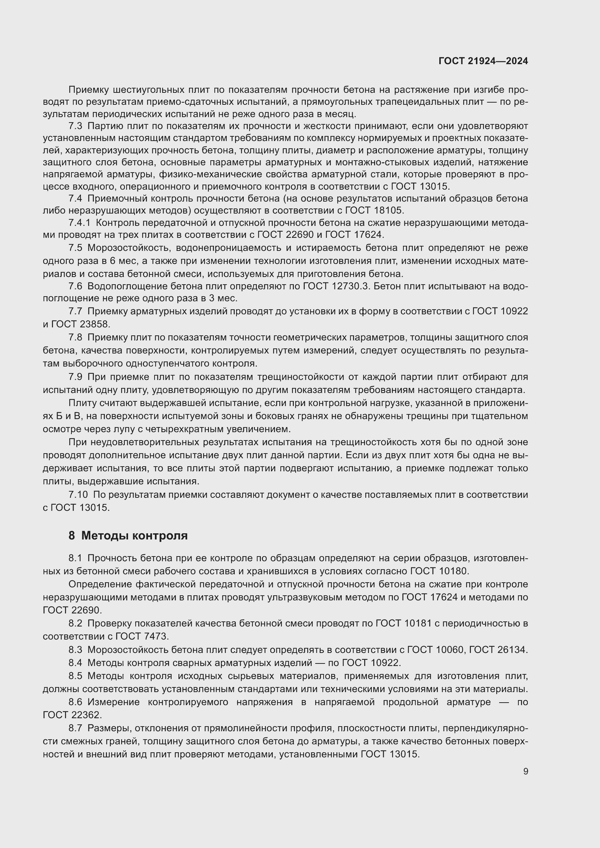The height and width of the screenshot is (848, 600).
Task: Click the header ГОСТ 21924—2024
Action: click(483, 61)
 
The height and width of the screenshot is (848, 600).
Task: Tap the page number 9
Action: click(525, 771)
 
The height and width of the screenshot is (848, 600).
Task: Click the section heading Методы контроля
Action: click(134, 535)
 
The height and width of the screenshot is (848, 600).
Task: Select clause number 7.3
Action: click(75, 126)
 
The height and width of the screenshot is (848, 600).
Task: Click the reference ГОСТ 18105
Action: click(374, 211)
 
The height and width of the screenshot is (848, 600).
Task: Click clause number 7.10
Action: click(78, 495)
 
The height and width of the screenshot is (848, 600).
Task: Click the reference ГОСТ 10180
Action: click(439, 571)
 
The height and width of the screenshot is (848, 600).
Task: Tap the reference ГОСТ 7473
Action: click(142, 636)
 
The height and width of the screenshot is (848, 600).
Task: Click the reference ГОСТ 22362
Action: click(72, 715)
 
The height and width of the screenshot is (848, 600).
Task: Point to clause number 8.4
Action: click(75, 663)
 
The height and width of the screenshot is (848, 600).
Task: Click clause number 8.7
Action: click(75, 728)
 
